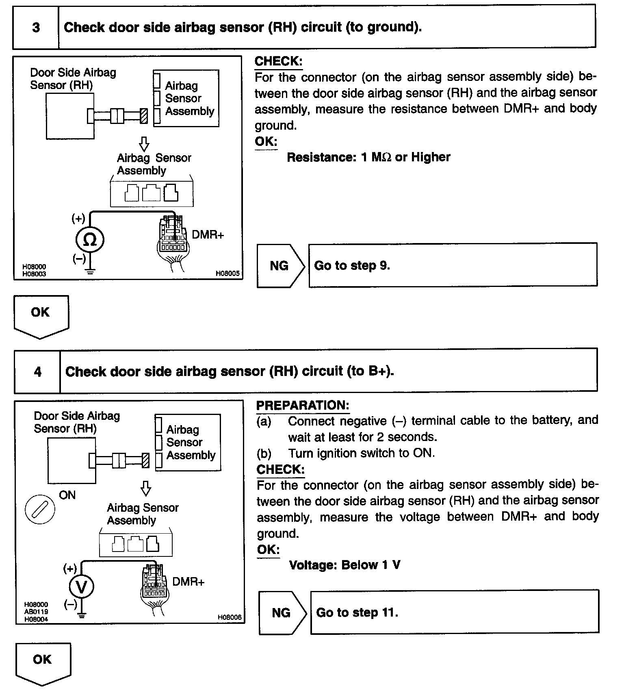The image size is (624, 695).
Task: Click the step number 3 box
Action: pyautogui.click(x=36, y=28)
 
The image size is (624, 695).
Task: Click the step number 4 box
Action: pyautogui.click(x=37, y=371)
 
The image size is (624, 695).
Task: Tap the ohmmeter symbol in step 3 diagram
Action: pyautogui.click(x=90, y=240)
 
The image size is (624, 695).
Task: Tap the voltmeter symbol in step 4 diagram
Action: pyautogui.click(x=82, y=587)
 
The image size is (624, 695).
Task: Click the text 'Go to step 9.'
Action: pyautogui.click(x=352, y=266)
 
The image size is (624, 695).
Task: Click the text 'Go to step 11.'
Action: pyautogui.click(x=357, y=612)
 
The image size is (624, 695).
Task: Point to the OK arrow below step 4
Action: pyautogui.click(x=43, y=662)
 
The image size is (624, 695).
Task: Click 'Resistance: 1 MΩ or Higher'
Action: pyautogui.click(x=368, y=157)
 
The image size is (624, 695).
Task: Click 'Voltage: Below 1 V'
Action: pyautogui.click(x=344, y=565)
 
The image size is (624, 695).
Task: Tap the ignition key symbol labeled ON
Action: pyautogui.click(x=40, y=510)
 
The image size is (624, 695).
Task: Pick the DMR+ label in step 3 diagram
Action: pyautogui.click(x=208, y=235)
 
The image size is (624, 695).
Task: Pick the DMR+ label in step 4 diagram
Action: pyautogui.click(x=188, y=582)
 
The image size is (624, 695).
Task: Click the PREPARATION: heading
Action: pyautogui.click(x=302, y=405)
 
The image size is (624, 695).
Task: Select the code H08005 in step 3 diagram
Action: pyautogui.click(x=227, y=274)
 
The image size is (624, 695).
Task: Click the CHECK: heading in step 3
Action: pyautogui.click(x=278, y=61)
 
